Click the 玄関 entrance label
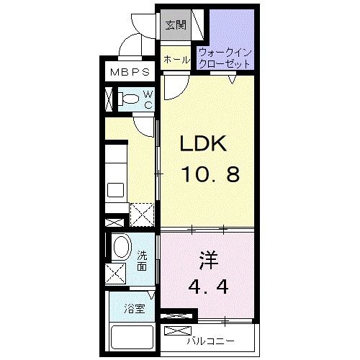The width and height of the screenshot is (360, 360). click(176, 24)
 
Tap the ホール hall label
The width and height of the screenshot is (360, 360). click(176, 59)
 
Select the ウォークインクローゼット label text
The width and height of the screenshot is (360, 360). click(225, 58)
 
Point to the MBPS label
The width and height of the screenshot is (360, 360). click(130, 72)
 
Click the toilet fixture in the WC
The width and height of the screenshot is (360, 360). click(128, 99)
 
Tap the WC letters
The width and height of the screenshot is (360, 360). click(148, 100)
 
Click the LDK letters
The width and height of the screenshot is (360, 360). click(203, 143)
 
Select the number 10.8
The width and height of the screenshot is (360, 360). click(211, 174)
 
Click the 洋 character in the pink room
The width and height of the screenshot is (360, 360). click(208, 261)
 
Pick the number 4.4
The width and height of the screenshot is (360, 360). click(208, 287)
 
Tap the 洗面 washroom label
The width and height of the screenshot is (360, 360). click(142, 261)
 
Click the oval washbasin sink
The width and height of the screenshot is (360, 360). click(122, 246)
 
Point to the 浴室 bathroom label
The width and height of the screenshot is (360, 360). click(135, 309)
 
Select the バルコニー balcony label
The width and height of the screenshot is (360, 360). click(211, 341)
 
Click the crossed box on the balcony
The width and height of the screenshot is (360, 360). click(178, 330)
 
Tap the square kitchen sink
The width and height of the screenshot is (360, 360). click(115, 190)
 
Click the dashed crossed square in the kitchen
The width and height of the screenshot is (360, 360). click(142, 215)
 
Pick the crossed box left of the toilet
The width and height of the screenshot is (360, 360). click(109, 99)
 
